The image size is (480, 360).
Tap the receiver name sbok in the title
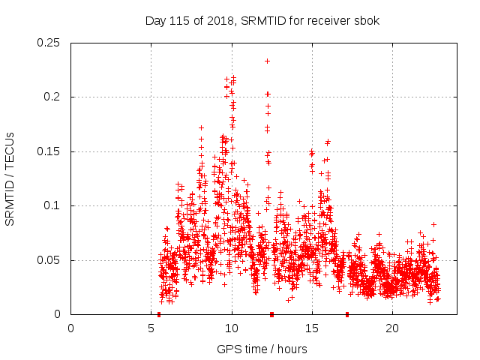367,21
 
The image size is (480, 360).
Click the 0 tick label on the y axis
58,314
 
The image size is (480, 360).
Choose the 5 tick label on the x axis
151,328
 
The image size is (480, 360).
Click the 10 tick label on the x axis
232,328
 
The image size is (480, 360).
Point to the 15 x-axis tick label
312,328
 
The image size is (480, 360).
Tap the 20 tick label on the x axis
392,328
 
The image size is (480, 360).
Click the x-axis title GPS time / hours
262,349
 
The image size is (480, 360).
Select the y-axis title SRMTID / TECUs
10,178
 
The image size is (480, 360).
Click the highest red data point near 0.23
268,61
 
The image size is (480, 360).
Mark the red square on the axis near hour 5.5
159,314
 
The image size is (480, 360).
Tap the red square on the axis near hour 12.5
271,314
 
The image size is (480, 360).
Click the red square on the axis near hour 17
347,314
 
